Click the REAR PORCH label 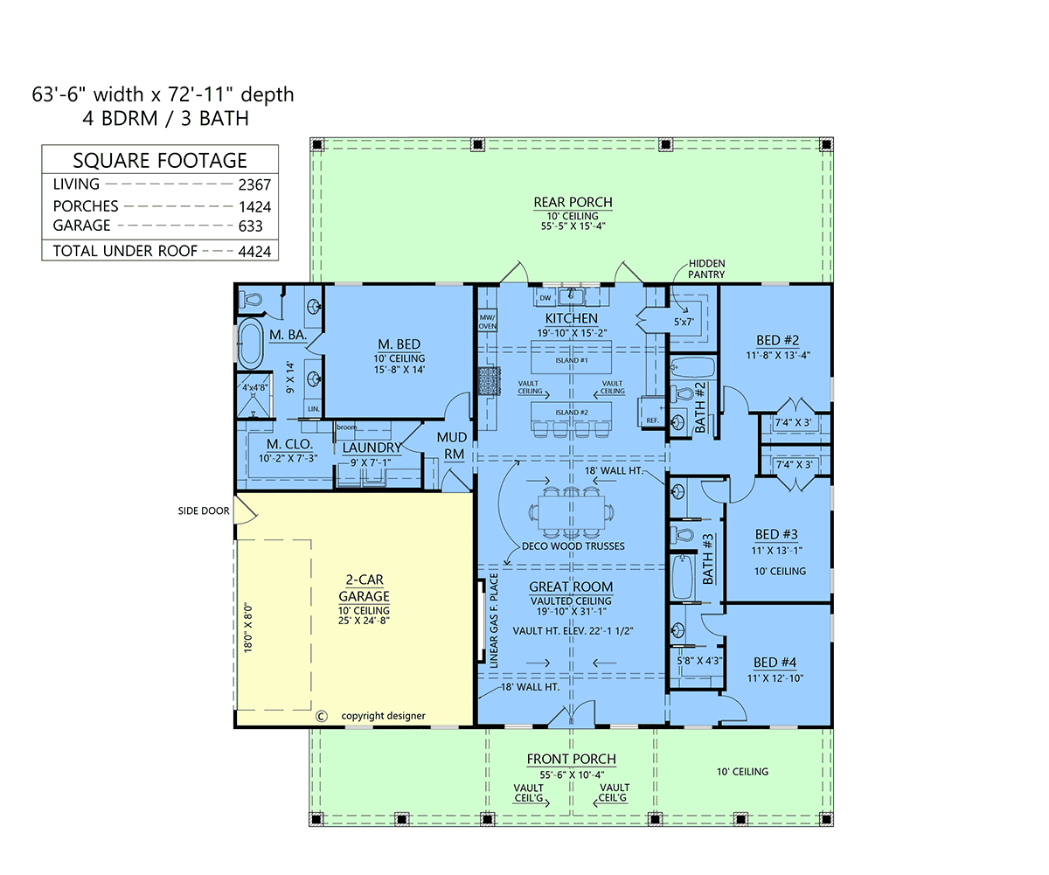[x=573, y=203]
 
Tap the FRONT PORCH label [x=571, y=759]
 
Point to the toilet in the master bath [x=250, y=299]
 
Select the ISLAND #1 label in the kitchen [x=571, y=359]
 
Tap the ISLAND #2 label [x=571, y=413]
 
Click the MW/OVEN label [x=487, y=321]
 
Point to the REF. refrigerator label [x=651, y=420]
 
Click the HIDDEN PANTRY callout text [x=706, y=268]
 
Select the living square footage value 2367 [x=254, y=184]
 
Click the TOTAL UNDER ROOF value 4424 [x=254, y=251]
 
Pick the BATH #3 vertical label [x=709, y=559]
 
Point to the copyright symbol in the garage [x=321, y=715]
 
